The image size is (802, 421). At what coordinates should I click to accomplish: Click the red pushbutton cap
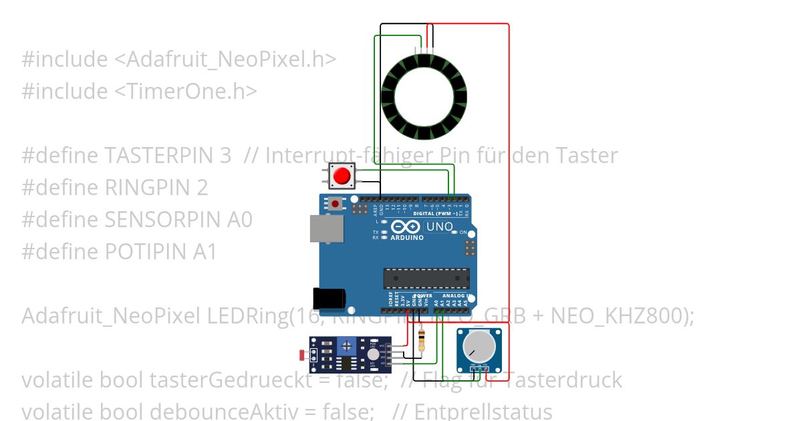click(342, 176)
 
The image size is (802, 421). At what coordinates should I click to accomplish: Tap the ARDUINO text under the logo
click(407, 238)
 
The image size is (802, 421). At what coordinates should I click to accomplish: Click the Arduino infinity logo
click(407, 227)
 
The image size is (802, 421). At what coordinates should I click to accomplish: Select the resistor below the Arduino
click(420, 341)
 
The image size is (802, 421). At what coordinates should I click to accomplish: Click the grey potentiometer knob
click(479, 347)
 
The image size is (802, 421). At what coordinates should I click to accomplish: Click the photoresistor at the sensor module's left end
click(303, 354)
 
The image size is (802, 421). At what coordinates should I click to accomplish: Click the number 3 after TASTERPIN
click(225, 156)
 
